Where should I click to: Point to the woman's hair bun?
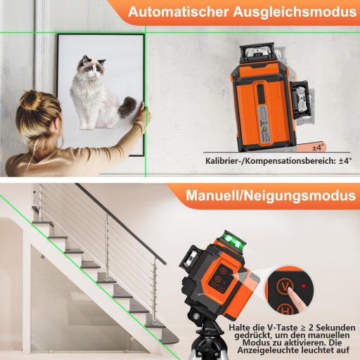pyautogui.click(x=31, y=103)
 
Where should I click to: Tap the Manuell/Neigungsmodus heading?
pyautogui.click(x=270, y=195)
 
